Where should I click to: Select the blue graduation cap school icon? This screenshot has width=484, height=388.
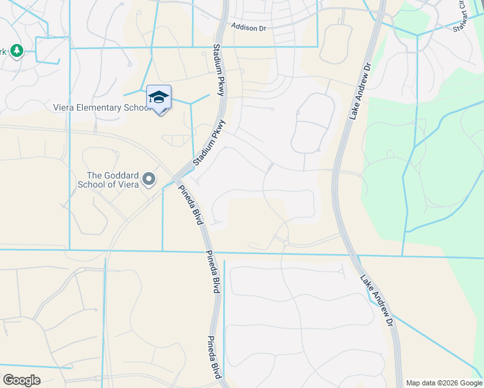pyautogui.click(x=159, y=97)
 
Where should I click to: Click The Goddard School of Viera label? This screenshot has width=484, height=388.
pyautogui.click(x=113, y=179)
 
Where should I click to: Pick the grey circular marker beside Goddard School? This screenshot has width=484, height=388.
pyautogui.click(x=149, y=178)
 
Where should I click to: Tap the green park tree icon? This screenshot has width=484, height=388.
pyautogui.click(x=17, y=50)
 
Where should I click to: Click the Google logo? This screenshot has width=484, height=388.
pyautogui.click(x=22, y=380)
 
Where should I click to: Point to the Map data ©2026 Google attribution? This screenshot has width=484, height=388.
pyautogui.click(x=443, y=383)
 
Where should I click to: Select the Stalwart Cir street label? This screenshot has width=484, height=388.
pyautogui.click(x=464, y=16)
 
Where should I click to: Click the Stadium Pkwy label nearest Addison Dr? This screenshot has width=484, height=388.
pyautogui.click(x=218, y=70)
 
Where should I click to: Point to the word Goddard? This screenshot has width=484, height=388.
pyautogui.click(x=124, y=175)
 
